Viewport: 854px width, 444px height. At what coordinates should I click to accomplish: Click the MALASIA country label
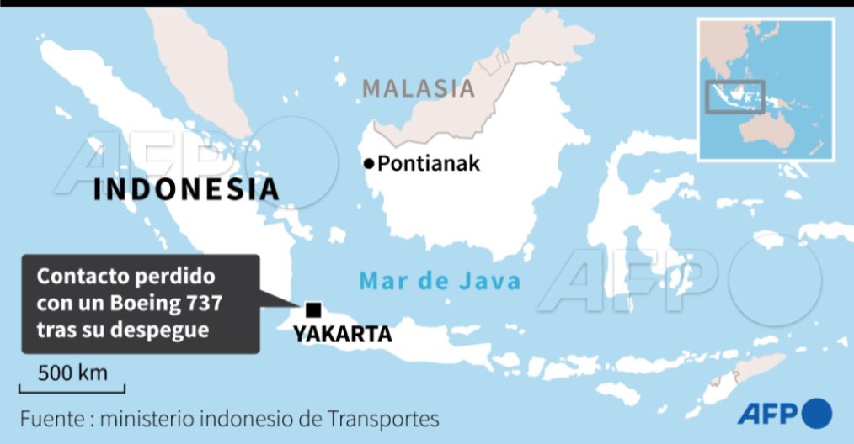click(419, 88)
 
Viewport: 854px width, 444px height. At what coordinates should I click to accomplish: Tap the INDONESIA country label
click(186, 188)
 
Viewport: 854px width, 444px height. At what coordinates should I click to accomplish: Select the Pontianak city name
click(429, 163)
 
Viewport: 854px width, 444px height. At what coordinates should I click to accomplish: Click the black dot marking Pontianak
click(368, 164)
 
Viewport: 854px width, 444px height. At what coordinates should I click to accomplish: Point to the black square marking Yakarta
click(313, 309)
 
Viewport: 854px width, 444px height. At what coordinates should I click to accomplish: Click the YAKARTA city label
click(343, 335)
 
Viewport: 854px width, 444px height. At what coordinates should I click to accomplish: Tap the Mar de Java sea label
click(440, 281)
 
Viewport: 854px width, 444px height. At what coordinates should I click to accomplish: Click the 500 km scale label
click(72, 373)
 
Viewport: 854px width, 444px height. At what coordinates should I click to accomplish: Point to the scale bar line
click(72, 389)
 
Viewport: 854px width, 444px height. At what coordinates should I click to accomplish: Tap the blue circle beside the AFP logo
click(817, 413)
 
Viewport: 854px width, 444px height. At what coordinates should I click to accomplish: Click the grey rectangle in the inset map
click(734, 96)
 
